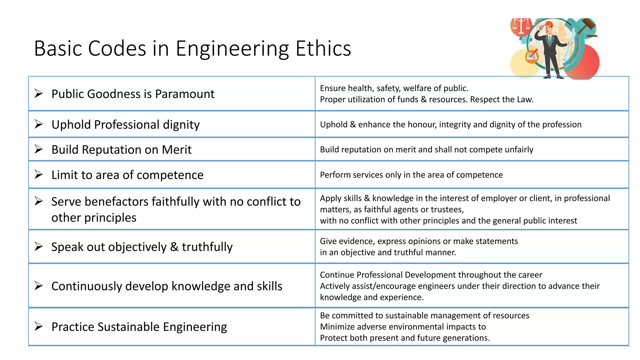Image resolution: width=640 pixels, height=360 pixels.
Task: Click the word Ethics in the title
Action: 323,49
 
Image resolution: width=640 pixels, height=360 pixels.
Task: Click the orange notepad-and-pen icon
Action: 532,57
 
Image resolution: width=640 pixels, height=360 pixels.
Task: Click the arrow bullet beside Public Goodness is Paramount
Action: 38,93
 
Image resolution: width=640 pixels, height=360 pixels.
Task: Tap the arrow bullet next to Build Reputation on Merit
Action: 38,149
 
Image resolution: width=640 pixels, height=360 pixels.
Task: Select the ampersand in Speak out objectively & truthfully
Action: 174,247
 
